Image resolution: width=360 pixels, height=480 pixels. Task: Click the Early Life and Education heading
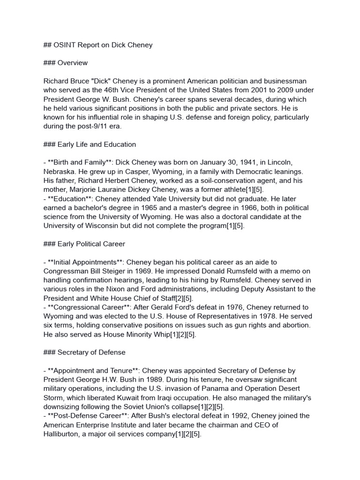click(97, 144)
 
